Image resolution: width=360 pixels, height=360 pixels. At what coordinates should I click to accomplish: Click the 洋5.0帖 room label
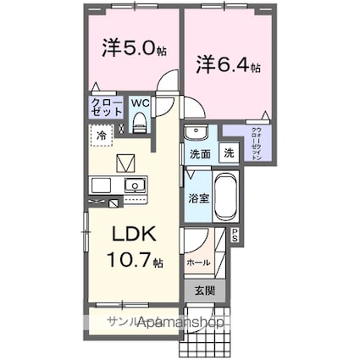point(129,49)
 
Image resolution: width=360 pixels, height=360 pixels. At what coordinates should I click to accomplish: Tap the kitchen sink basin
point(135,185)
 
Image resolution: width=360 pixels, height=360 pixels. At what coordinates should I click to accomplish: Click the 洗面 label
point(200,155)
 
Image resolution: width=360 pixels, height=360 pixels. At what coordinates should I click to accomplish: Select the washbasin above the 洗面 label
point(194,134)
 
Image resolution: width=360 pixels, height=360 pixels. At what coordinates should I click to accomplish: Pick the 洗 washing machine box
point(230,154)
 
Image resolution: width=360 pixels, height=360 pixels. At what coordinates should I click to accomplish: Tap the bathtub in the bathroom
point(226,197)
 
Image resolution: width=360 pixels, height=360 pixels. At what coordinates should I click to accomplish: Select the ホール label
point(199,262)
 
